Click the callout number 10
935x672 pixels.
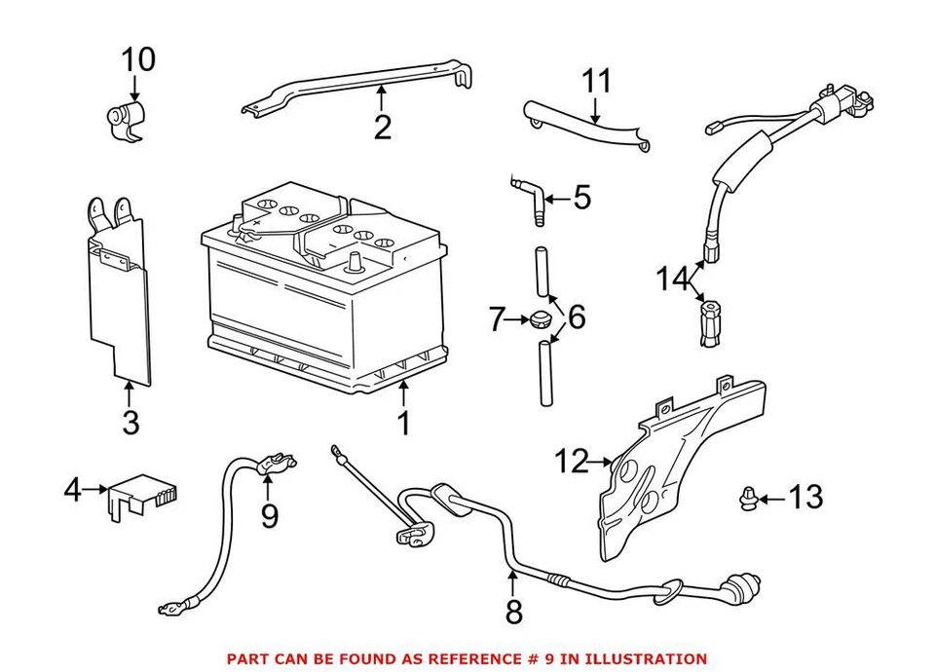point(137,59)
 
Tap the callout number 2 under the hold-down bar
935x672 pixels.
point(382,128)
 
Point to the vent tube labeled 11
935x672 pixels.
point(584,125)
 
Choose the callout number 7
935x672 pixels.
point(497,318)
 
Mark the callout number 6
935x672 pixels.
point(576,317)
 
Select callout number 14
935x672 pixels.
point(671,280)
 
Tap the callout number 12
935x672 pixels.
point(573,461)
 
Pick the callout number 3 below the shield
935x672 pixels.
point(131,423)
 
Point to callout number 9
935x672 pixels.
point(270,515)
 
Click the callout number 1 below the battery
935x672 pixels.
point(402,424)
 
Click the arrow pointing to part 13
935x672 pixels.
point(768,500)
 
